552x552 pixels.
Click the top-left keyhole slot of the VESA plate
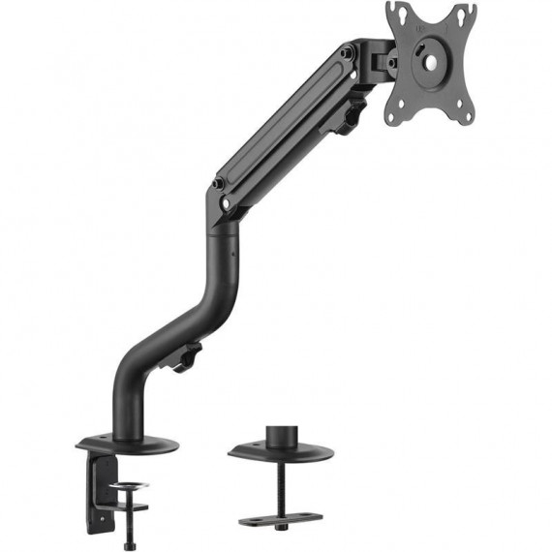[396, 15]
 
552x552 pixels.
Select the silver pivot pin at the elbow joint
[225, 204]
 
